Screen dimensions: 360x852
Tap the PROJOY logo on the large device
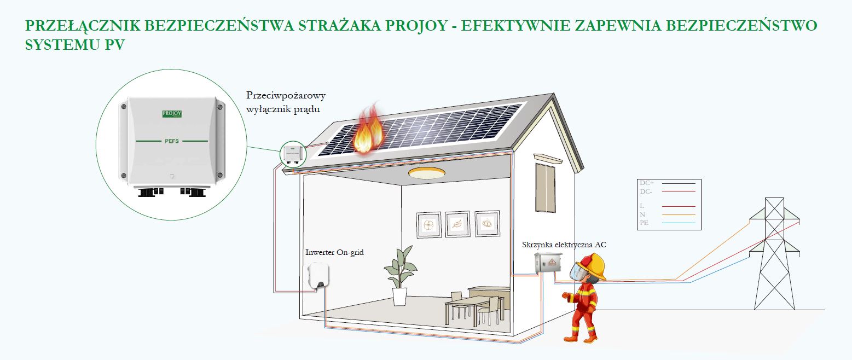click(x=172, y=113)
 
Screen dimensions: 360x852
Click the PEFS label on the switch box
click(x=172, y=141)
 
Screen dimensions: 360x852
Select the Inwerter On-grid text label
click(x=334, y=253)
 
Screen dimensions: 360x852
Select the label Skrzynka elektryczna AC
click(x=564, y=245)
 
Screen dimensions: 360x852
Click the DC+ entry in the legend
click(x=647, y=182)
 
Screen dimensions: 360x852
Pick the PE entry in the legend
click(x=644, y=223)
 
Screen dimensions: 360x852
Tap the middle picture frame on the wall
click(x=456, y=224)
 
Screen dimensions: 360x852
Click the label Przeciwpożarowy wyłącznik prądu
click(x=286, y=102)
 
